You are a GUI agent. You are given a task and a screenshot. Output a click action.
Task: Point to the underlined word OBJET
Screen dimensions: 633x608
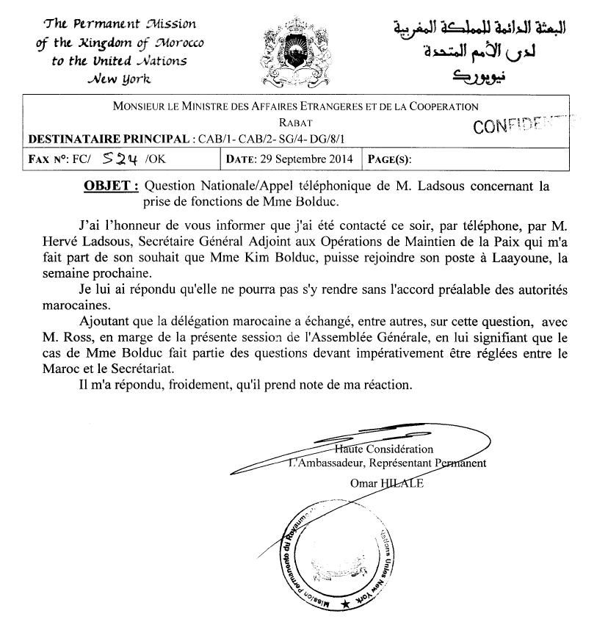click(111, 187)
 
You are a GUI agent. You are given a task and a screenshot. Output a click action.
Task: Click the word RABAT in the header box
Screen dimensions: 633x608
click(295, 124)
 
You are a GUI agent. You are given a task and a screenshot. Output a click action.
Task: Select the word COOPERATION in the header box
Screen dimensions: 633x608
click(440, 106)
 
